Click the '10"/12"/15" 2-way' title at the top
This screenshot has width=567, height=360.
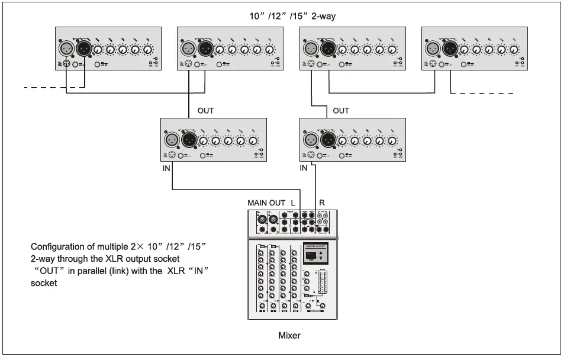pyautogui.click(x=292, y=16)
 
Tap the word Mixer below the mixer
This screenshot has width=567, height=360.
pyautogui.click(x=289, y=336)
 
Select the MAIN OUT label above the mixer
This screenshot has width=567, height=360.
pyautogui.click(x=266, y=203)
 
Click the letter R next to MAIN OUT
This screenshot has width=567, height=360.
pyautogui.click(x=322, y=203)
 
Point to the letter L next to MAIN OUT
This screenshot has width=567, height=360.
pyautogui.click(x=293, y=203)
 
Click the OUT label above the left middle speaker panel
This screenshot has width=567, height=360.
pyautogui.click(x=206, y=111)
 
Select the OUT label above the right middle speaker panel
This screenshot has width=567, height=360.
pyautogui.click(x=341, y=111)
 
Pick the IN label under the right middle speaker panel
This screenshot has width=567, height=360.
pyautogui.click(x=304, y=169)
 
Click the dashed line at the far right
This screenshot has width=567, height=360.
pyautogui.click(x=482, y=94)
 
